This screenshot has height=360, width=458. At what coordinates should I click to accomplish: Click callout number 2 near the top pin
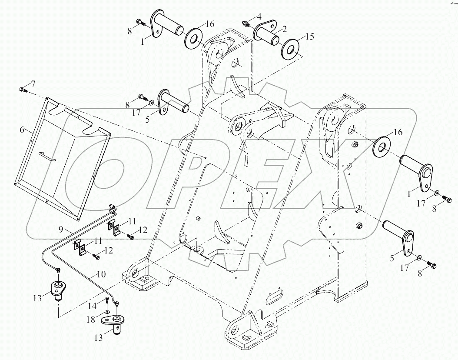(284, 30)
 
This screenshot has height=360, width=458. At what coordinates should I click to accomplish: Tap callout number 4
(259, 17)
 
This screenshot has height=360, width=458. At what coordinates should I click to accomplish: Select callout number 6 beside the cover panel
(22, 129)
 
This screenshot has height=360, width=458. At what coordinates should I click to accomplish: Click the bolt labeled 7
(23, 90)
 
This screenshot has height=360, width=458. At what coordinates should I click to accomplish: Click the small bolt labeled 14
(107, 300)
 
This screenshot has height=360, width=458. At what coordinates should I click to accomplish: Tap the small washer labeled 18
(107, 312)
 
